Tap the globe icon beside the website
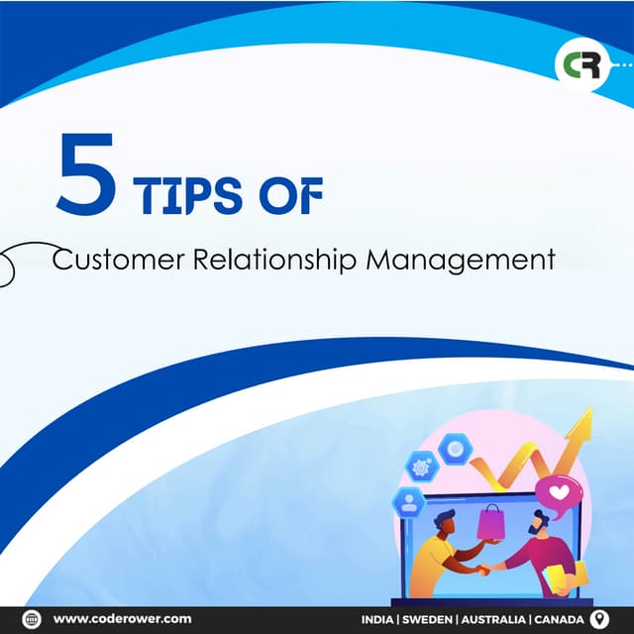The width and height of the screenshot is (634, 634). pos(31,619)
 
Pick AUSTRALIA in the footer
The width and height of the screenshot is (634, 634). pos(493,619)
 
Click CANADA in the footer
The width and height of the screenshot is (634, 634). pos(560,619)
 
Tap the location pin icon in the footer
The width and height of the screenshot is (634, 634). pos(597,619)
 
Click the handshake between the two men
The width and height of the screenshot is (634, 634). pos(483,570)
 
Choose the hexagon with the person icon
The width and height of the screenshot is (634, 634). pos(407,501)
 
